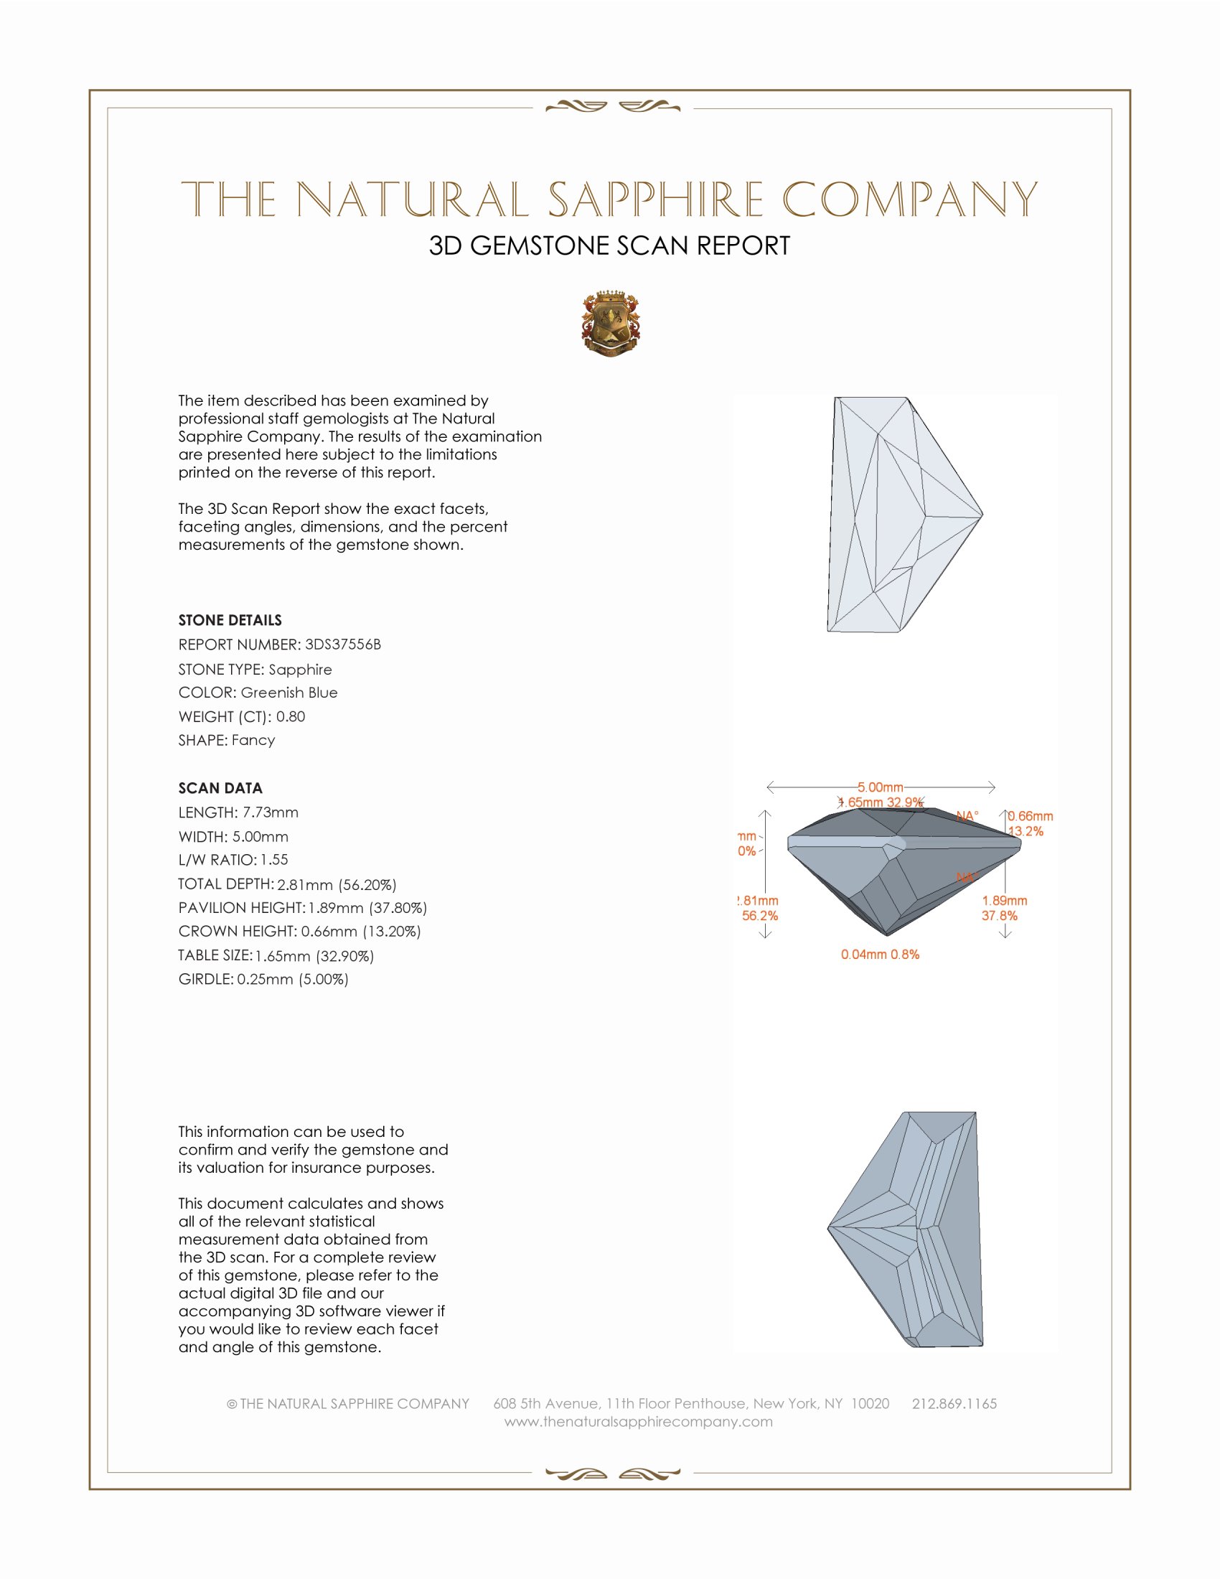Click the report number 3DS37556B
pos(342,645)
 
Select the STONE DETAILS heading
pos(230,620)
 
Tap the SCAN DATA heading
pos(220,788)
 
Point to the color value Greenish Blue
pos(289,693)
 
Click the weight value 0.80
pos(291,716)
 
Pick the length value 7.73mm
pos(271,812)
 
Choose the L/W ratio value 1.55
pos(274,860)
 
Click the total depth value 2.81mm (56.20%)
pos(337,884)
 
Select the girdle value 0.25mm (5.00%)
pos(293,980)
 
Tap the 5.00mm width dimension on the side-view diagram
pos(881,787)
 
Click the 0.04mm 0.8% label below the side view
pos(880,955)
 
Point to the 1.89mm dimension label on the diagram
pos(1004,901)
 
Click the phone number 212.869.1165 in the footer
pos(954,1404)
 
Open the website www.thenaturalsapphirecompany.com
pos(638,1422)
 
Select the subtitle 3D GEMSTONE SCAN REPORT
pos(609,245)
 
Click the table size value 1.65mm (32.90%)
pos(314,956)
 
